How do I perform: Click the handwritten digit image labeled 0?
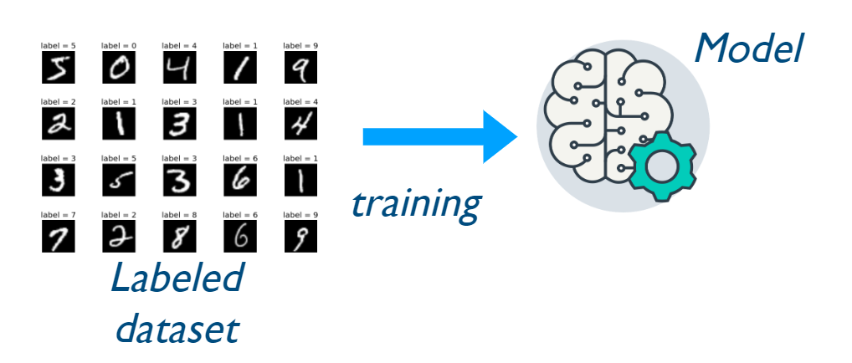point(119,69)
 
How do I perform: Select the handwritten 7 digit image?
point(58,237)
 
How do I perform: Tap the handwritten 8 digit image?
point(179,237)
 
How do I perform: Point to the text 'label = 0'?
point(119,45)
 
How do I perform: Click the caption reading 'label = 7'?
point(58,215)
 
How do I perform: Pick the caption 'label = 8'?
point(179,215)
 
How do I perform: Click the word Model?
point(748,50)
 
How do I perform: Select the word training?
point(415,203)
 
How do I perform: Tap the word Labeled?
point(177,279)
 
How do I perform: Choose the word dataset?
point(177,328)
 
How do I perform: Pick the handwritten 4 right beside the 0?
point(179,69)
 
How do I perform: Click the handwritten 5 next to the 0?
point(58,69)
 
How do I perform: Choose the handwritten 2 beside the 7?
point(119,237)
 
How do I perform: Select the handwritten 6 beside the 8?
point(239,237)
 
